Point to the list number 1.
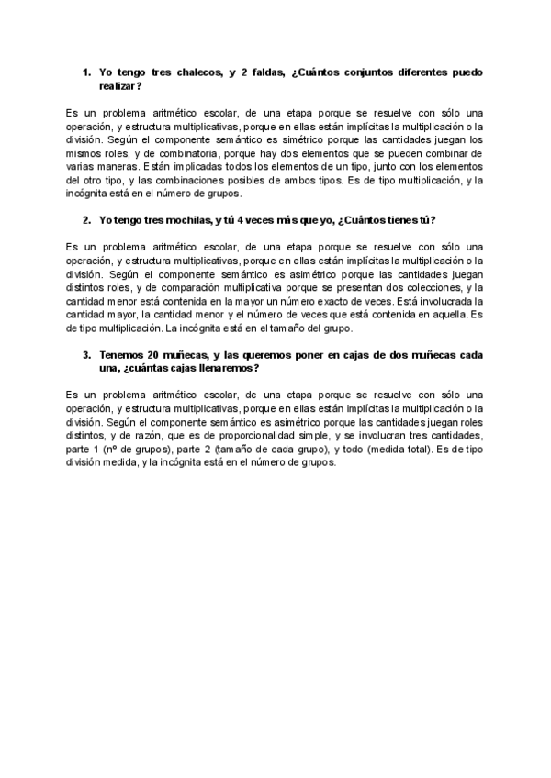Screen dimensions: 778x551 point(85,72)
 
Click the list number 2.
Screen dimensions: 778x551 point(85,220)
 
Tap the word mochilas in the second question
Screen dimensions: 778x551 point(180,220)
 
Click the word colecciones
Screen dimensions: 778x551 point(426,287)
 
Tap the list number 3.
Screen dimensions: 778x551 point(85,354)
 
